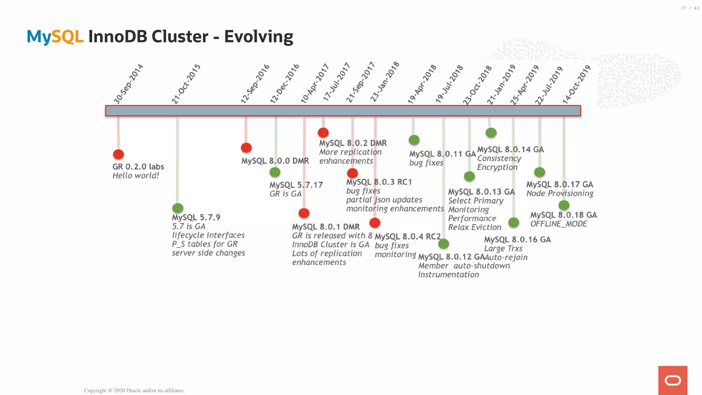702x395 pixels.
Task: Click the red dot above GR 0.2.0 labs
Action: [118, 154]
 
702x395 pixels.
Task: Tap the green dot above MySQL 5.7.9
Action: [178, 208]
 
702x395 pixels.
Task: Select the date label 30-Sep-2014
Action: [128, 84]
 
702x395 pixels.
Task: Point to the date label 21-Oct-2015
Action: [186, 84]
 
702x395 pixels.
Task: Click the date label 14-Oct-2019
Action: [577, 84]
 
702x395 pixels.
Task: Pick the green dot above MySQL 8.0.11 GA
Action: [414, 140]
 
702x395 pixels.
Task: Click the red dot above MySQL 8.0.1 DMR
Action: [304, 213]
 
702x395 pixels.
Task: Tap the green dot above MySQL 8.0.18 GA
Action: [564, 205]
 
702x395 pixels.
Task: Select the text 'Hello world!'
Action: [136, 176]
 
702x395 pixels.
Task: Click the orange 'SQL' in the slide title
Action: [68, 37]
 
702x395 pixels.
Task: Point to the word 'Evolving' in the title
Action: [258, 37]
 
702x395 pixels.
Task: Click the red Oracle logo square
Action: [673, 380]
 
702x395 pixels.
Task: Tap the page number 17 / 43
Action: [690, 8]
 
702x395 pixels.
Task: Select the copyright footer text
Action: [134, 391]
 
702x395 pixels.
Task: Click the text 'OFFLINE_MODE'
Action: [559, 224]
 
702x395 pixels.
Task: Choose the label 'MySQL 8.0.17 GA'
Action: [560, 184]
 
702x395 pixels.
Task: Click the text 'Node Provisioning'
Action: [560, 193]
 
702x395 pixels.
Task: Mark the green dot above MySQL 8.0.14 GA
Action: [491, 133]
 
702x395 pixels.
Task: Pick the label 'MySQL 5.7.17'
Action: [296, 185]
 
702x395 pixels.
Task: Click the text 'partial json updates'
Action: [384, 200]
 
